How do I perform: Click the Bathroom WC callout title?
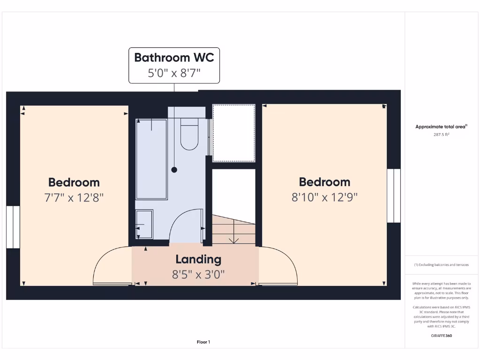(174, 58)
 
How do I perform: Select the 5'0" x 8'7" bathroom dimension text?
(174, 73)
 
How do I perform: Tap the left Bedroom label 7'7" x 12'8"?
(74, 197)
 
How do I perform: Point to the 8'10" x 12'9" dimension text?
(324, 197)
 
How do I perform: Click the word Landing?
(198, 259)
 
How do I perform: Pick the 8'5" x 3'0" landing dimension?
(198, 274)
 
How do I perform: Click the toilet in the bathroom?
(189, 134)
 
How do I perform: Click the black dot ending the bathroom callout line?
(174, 170)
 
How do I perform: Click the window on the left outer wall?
(13, 226)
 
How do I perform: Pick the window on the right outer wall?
(394, 195)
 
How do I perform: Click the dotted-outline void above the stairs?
(234, 133)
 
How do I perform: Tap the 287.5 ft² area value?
(441, 135)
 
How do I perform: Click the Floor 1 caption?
(203, 342)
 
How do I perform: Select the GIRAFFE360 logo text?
(441, 336)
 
